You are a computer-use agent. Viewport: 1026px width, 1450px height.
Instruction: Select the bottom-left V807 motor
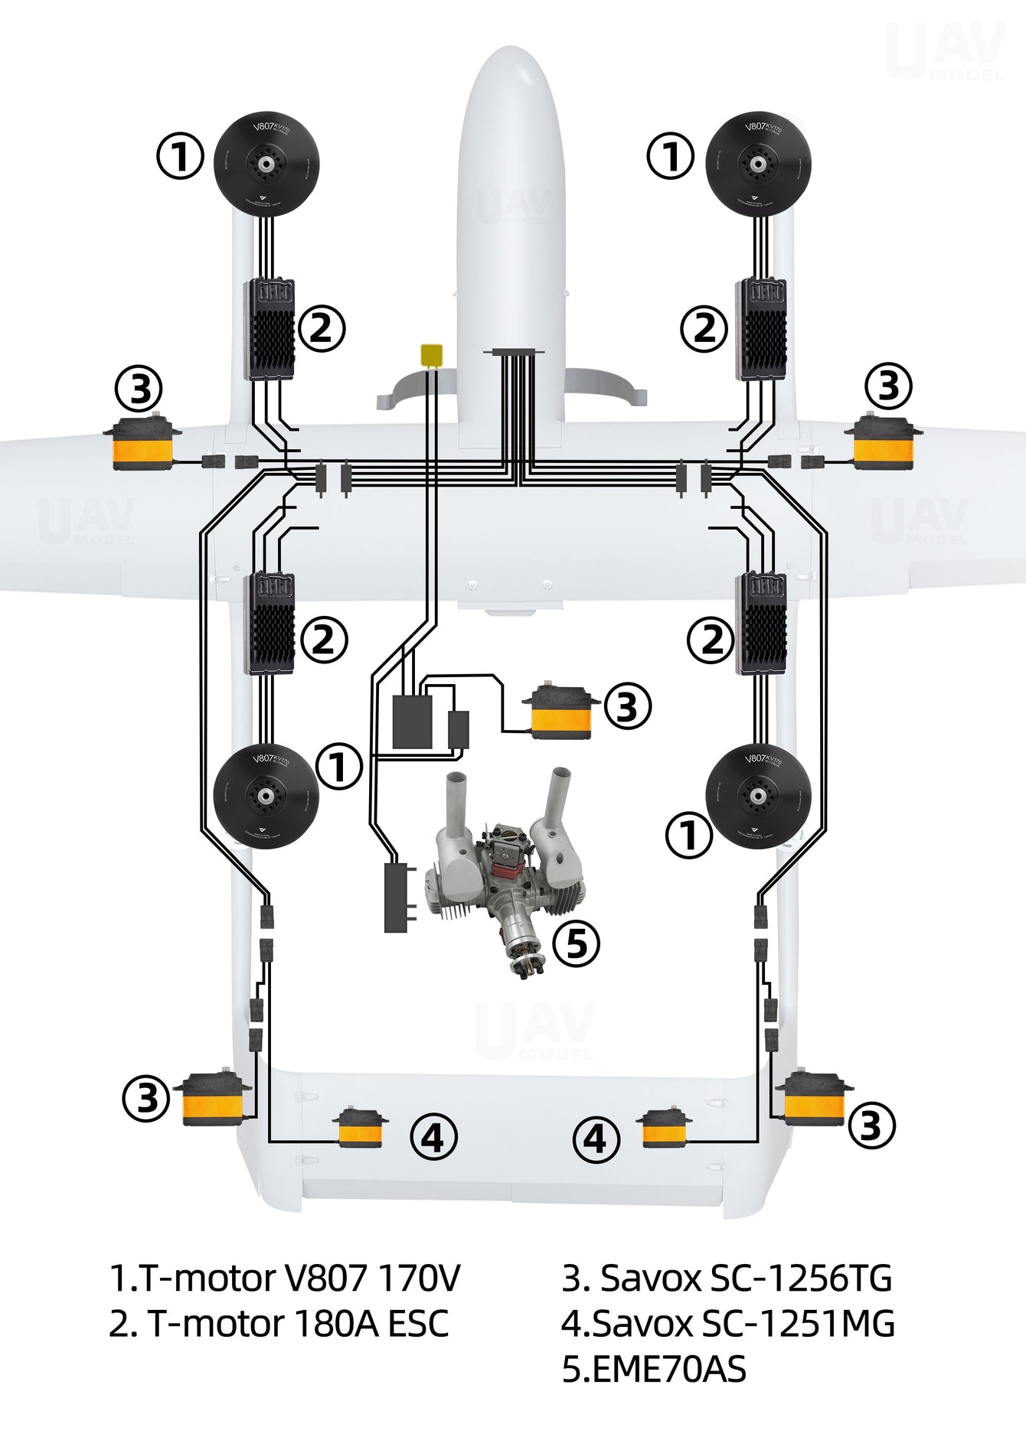265,796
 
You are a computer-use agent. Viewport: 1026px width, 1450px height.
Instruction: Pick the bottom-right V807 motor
758,796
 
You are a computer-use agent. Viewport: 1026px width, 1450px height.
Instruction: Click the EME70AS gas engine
505,880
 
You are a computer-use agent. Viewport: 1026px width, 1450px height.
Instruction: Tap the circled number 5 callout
577,943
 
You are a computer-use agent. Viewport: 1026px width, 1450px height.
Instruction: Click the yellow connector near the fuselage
432,356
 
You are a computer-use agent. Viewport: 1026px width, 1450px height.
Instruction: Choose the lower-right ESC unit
761,624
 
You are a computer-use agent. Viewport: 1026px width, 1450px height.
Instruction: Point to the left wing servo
142,443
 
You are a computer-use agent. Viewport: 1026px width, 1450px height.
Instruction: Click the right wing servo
884,443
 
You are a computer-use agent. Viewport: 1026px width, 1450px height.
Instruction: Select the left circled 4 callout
433,1138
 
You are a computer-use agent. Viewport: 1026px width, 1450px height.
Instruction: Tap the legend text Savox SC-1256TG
727,1278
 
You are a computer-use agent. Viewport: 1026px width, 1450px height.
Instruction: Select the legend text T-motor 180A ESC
279,1324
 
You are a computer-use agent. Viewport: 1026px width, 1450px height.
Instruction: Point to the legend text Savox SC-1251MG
728,1324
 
